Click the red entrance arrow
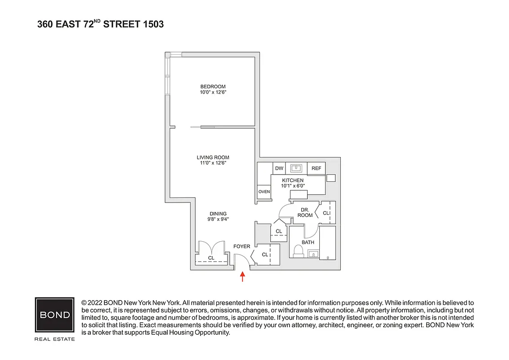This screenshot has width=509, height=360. coord(243,276)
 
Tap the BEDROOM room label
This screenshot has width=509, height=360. coord(213,86)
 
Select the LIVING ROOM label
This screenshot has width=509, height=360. coord(213,157)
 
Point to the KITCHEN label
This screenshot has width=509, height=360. coord(293,180)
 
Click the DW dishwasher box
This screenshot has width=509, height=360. coord(279,168)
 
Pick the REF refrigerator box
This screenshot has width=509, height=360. coord(316,168)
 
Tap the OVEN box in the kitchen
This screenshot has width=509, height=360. coord(264,192)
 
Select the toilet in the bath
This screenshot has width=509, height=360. coord(298,250)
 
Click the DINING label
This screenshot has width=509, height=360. coord(218,214)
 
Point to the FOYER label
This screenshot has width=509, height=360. coord(241,247)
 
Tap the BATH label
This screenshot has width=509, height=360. coord(308,243)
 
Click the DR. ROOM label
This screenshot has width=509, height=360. coord(305,212)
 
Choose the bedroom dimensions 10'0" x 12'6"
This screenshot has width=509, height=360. coord(213,92)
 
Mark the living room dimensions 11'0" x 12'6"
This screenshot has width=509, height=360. coord(213,163)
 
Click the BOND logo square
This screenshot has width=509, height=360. coord(55,315)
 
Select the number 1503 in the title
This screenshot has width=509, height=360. coord(153,24)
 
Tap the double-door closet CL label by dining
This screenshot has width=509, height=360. coord(211,258)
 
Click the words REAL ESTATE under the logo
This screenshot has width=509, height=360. coord(55,339)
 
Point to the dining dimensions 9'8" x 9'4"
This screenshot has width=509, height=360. coord(218,220)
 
